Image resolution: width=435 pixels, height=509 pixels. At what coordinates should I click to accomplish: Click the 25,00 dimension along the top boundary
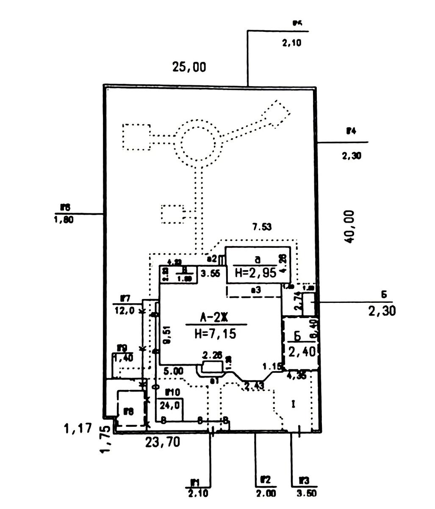pos(189,67)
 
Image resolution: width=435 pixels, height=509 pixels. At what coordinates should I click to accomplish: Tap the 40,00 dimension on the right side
pos(349,227)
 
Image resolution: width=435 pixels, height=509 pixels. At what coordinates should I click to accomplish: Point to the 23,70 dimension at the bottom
pos(162,442)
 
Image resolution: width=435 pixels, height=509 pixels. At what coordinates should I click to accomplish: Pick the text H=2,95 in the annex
pos(255,273)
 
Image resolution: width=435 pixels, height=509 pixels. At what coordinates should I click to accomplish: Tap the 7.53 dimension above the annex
pos(262,227)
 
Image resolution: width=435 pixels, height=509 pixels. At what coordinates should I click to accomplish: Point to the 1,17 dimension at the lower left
pos(78,428)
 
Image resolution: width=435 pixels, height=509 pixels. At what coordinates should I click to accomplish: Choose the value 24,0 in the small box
pos(169,405)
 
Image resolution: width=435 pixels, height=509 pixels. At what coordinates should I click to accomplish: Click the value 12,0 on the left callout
pos(125,310)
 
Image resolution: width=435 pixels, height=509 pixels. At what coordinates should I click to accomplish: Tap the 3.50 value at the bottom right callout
pos(307,494)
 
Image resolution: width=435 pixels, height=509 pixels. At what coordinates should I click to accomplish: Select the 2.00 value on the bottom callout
pos(266,494)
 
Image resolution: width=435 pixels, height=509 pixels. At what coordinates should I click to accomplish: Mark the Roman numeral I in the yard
pos(293,404)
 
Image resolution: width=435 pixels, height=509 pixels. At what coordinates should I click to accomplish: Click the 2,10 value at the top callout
pos(291,42)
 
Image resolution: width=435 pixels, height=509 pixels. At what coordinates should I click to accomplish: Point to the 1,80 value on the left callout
pos(64,220)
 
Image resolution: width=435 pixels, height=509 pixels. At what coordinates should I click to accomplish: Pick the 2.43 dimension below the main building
pos(254,386)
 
